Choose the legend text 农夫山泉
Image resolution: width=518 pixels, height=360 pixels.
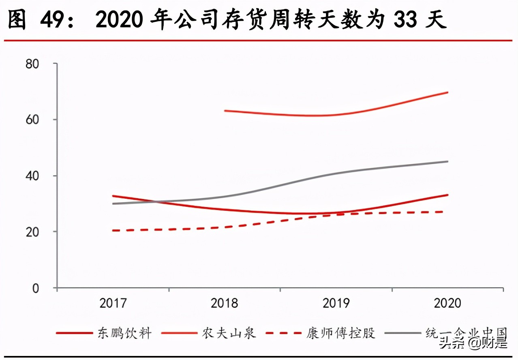229,333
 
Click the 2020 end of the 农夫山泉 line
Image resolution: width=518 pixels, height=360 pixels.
447,92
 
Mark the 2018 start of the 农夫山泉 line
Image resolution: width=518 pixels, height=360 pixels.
225,110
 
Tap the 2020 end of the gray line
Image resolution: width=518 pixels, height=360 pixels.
447,161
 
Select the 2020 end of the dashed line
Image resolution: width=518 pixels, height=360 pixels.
447,212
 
